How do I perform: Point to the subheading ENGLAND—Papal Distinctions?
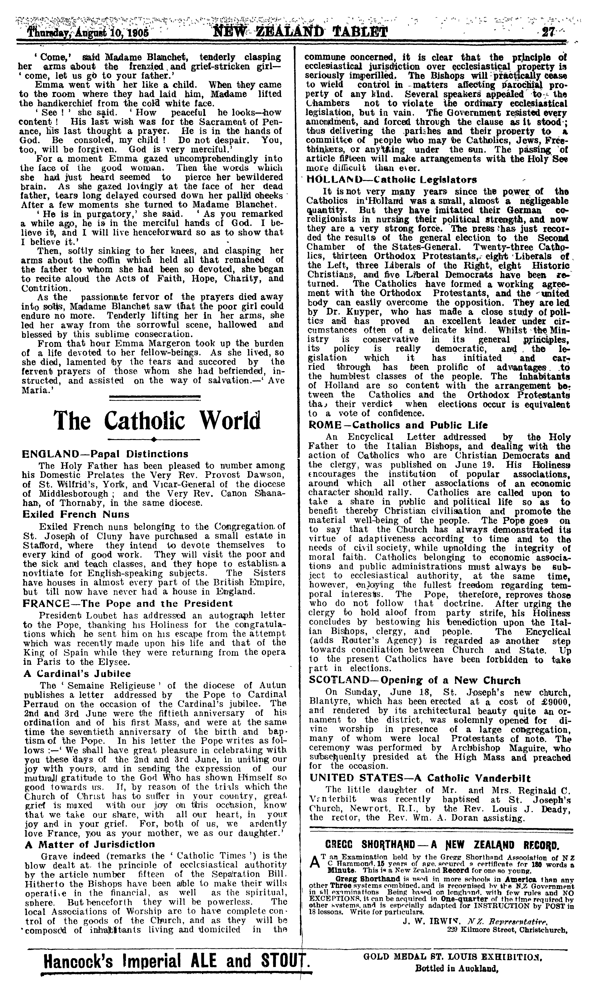pos(105,454)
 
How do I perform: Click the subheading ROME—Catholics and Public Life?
pos(399,425)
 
